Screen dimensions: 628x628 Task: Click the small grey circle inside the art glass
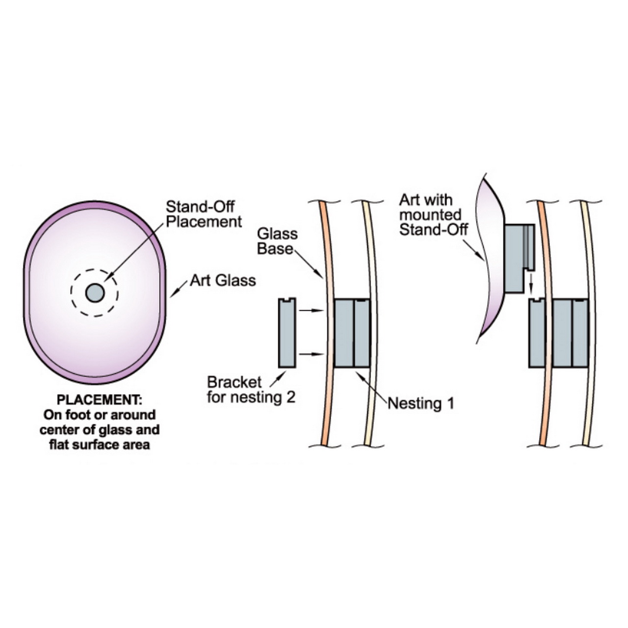(95, 293)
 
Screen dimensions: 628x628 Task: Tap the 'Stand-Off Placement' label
(204, 214)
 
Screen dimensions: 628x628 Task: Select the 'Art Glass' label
(223, 280)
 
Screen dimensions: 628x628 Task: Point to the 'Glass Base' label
(277, 241)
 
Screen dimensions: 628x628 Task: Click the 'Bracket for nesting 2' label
(251, 390)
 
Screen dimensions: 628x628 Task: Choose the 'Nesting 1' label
(420, 403)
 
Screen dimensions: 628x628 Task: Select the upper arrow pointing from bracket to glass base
(311, 311)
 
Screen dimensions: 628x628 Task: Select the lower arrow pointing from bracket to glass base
(311, 354)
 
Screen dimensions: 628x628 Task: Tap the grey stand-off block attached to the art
(516, 258)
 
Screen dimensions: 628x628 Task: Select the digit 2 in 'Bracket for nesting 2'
(290, 397)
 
